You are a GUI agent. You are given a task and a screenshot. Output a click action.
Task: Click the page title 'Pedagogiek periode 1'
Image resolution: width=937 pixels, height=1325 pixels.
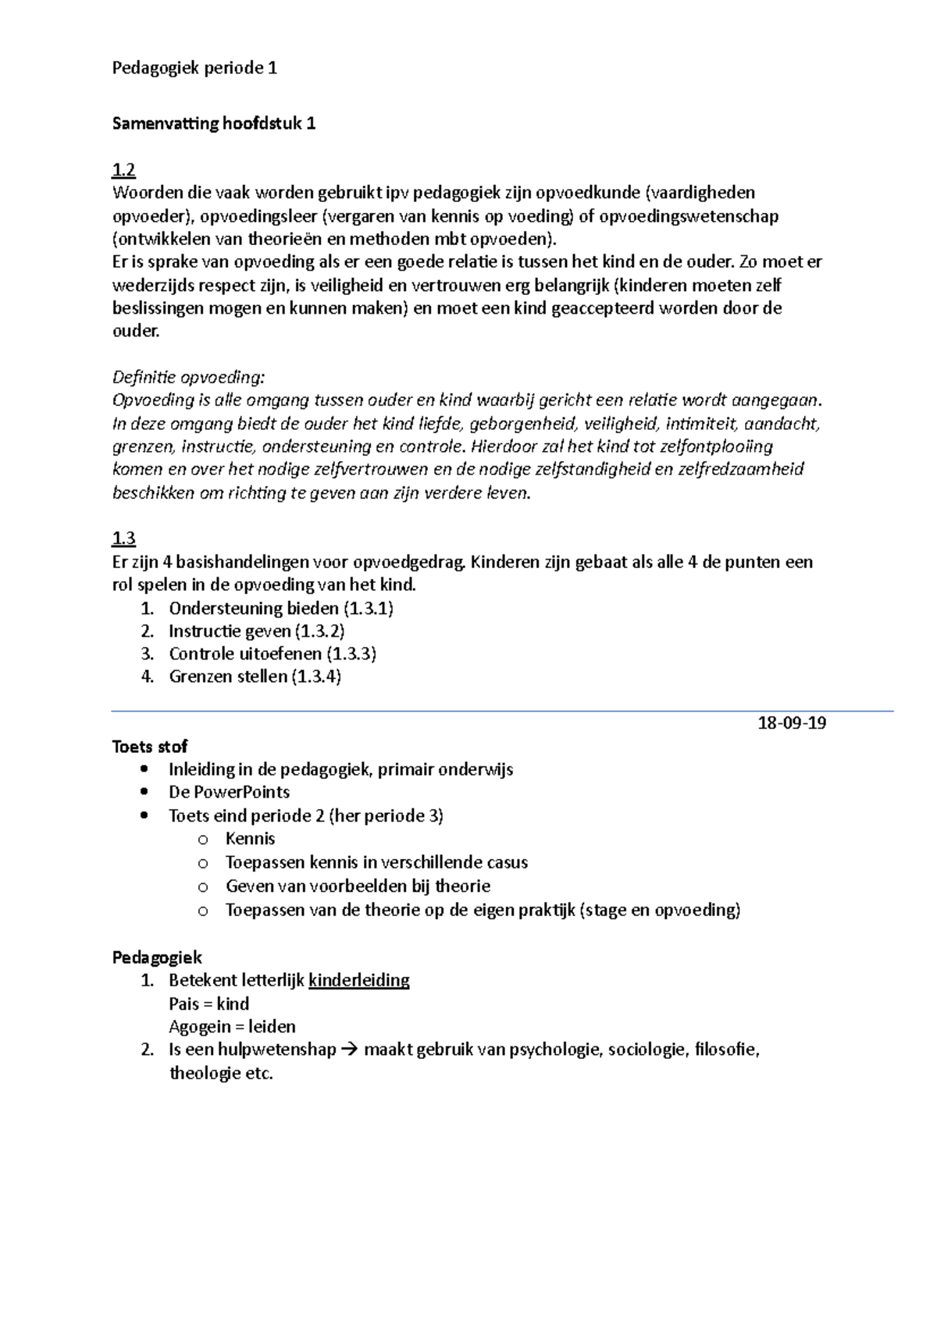(x=194, y=68)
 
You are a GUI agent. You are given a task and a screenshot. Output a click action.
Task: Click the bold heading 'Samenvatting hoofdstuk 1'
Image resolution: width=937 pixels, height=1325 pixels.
(x=214, y=123)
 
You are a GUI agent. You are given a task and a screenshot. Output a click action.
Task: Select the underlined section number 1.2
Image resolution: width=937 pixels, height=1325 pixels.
(x=123, y=169)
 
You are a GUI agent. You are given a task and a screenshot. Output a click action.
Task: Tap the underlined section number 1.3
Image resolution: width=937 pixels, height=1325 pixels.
(x=123, y=538)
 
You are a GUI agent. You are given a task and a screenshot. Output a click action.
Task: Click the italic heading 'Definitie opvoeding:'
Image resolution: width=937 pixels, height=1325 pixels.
(x=189, y=378)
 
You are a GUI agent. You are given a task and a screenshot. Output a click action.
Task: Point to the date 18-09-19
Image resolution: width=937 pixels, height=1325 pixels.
(x=792, y=723)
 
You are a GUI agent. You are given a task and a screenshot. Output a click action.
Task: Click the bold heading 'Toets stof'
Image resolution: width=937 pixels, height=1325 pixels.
(x=150, y=746)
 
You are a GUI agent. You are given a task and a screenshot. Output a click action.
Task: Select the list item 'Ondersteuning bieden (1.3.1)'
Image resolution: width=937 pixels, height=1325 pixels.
(x=280, y=608)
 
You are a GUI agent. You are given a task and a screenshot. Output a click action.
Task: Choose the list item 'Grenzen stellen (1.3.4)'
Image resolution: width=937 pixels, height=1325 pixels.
(x=255, y=677)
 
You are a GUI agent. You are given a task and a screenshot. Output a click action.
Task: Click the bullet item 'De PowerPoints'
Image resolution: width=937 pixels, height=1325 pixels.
(x=229, y=792)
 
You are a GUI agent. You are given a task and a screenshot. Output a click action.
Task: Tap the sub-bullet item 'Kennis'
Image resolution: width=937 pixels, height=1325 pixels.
(x=250, y=839)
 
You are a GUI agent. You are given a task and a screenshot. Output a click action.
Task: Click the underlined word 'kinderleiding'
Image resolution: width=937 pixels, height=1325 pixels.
(x=358, y=980)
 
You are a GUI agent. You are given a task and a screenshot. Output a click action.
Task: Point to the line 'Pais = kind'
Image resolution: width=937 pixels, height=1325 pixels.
(x=208, y=1004)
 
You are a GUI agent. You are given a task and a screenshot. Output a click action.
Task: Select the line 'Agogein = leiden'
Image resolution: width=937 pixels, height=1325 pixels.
(x=232, y=1027)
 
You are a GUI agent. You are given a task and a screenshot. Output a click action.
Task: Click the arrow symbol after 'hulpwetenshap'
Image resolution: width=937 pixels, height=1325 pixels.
(x=349, y=1050)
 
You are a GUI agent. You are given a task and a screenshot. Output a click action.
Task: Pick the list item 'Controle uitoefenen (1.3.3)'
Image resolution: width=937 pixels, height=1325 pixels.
(x=273, y=654)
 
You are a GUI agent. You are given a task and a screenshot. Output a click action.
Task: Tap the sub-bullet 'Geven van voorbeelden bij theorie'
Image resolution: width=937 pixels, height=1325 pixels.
(x=358, y=886)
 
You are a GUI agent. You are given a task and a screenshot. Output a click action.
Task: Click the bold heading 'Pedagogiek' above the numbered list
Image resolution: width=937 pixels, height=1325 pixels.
(x=157, y=957)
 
